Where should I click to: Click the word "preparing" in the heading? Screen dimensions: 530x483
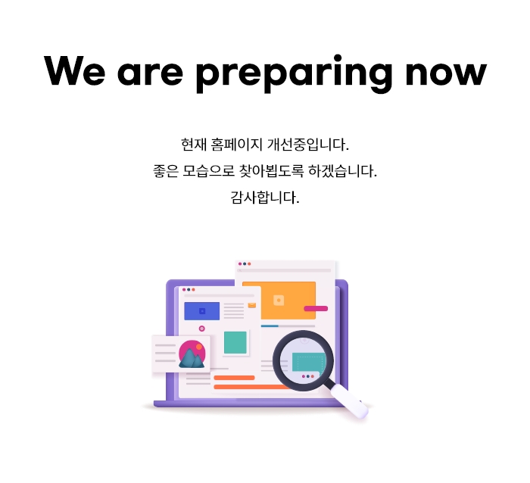pyautogui.click(x=294, y=73)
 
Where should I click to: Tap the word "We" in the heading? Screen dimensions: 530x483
pyautogui.click(x=75, y=71)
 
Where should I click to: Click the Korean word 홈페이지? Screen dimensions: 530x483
pyautogui.click(x=236, y=145)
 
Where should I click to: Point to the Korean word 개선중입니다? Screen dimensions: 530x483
pyautogui.click(x=308, y=145)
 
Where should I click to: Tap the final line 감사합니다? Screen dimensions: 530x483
pyautogui.click(x=265, y=198)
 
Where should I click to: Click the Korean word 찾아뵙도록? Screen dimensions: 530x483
pyautogui.click(x=271, y=171)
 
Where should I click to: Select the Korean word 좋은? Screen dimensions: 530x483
pyautogui.click(x=166, y=171)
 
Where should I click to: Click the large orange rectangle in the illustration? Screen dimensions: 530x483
pyautogui.click(x=279, y=300)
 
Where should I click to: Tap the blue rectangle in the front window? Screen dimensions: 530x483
pyautogui.click(x=202, y=311)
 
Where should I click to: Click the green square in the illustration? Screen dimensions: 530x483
pyautogui.click(x=235, y=342)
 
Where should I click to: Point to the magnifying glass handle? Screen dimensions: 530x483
pyautogui.click(x=348, y=401)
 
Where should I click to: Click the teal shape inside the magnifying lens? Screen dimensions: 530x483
pyautogui.click(x=308, y=362)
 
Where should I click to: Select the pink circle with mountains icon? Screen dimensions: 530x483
pyautogui.click(x=192, y=354)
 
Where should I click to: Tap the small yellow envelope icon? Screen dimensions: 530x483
pyautogui.click(x=252, y=306)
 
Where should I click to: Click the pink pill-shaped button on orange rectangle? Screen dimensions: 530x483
pyautogui.click(x=316, y=308)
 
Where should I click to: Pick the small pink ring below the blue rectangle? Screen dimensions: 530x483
pyautogui.click(x=202, y=329)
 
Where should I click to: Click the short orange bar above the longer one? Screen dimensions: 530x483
pyautogui.click(x=234, y=378)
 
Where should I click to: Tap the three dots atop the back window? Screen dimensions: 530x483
pyautogui.click(x=245, y=263)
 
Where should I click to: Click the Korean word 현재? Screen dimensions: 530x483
pyautogui.click(x=193, y=145)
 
